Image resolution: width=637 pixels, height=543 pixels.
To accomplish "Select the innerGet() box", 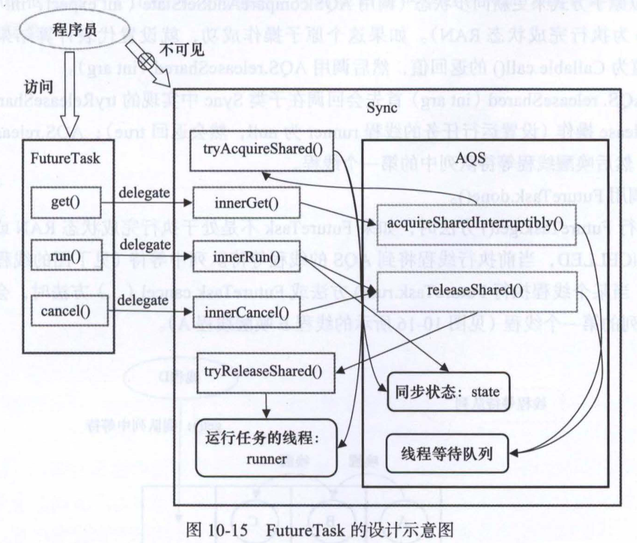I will tap(246, 203).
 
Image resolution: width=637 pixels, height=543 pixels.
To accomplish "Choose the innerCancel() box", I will tap(246, 313).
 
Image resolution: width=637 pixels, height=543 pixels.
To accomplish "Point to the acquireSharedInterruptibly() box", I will tap(476, 222).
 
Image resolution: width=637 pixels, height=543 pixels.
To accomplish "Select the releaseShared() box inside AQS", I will tap(476, 287).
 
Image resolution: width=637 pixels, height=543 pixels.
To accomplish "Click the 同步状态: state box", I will tap(447, 392).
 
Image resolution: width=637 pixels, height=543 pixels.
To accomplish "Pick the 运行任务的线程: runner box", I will tap(266, 447).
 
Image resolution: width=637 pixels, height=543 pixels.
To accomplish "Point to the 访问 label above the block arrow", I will tap(38, 86).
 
